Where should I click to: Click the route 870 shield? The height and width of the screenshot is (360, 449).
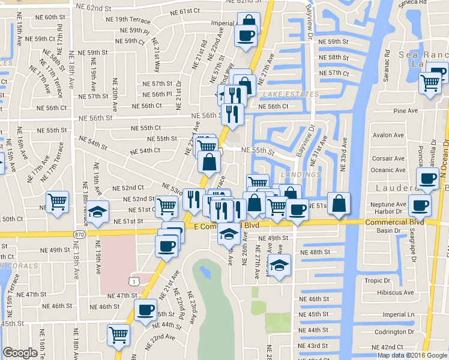tap(80, 233)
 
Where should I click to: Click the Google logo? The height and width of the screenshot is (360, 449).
tap(20, 353)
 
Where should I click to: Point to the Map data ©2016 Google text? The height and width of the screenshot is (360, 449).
tap(411, 355)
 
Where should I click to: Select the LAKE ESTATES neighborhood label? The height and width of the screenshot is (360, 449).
tap(291, 95)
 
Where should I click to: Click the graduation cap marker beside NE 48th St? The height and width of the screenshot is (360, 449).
tap(279, 265)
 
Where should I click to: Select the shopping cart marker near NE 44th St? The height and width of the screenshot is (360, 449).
tap(119, 334)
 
